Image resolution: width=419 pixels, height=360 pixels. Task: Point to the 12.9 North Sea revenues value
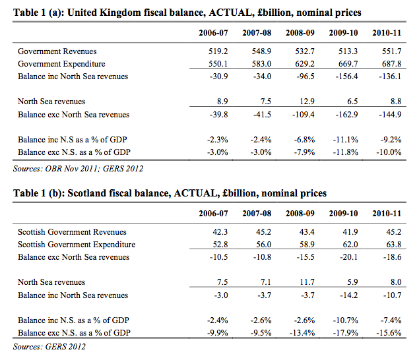coord(305,102)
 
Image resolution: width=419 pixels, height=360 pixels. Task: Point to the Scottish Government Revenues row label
coord(73,232)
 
